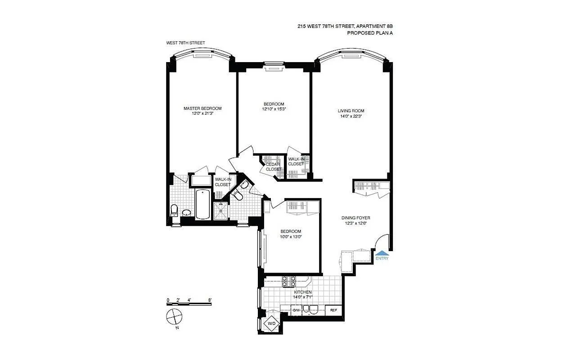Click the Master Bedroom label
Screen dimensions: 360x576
point(202,108)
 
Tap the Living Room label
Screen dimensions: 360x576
point(351,111)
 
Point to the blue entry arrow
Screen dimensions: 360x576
point(381,253)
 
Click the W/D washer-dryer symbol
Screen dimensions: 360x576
point(272,324)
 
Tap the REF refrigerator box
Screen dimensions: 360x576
point(334,310)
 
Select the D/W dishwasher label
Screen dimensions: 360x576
point(297,310)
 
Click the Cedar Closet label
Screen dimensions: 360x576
point(273,166)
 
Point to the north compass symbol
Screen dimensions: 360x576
point(173,317)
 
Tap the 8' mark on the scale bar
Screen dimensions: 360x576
point(210,300)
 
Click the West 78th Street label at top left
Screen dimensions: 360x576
point(185,43)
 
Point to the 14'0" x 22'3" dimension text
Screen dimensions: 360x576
point(351,116)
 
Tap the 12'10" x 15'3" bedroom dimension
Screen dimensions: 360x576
point(274,109)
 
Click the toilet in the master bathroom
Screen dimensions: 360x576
point(175,210)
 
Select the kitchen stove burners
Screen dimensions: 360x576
point(288,281)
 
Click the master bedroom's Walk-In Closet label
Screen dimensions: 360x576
point(223,182)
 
